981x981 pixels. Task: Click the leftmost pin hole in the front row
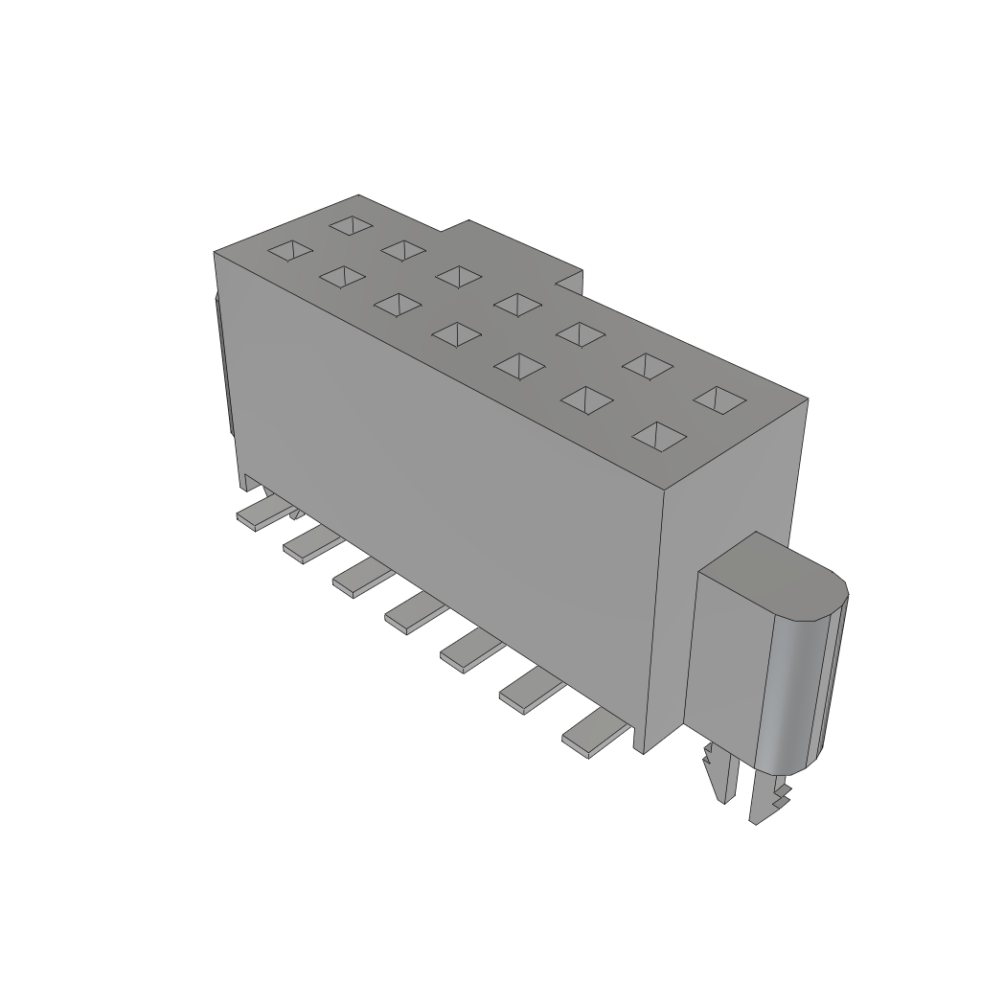tap(289, 251)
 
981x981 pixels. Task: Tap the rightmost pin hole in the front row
tap(660, 436)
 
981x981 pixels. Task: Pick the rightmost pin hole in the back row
tap(719, 399)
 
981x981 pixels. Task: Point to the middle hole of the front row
tap(456, 334)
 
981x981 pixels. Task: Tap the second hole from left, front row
tap(342, 277)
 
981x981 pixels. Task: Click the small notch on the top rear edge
tap(570, 281)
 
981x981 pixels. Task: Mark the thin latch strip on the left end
tap(222, 364)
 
